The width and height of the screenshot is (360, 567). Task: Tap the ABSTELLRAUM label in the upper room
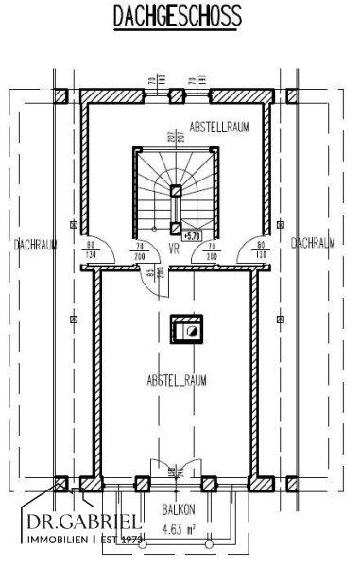(218, 127)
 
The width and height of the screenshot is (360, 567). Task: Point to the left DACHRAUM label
(37, 244)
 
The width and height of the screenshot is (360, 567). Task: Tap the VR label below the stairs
(174, 249)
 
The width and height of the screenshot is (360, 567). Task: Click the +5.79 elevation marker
(194, 235)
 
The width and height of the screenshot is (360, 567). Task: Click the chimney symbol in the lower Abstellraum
(184, 330)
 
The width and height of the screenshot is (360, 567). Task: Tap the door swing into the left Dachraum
(103, 254)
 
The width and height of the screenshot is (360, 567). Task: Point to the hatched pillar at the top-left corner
(59, 96)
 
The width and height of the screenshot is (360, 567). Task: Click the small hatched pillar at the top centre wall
(174, 95)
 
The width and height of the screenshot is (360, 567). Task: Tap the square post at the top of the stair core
(176, 190)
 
